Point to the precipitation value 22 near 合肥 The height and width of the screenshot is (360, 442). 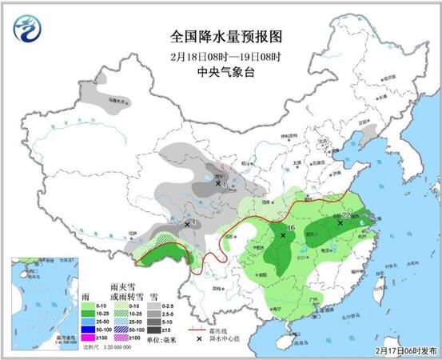coord(347,215)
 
